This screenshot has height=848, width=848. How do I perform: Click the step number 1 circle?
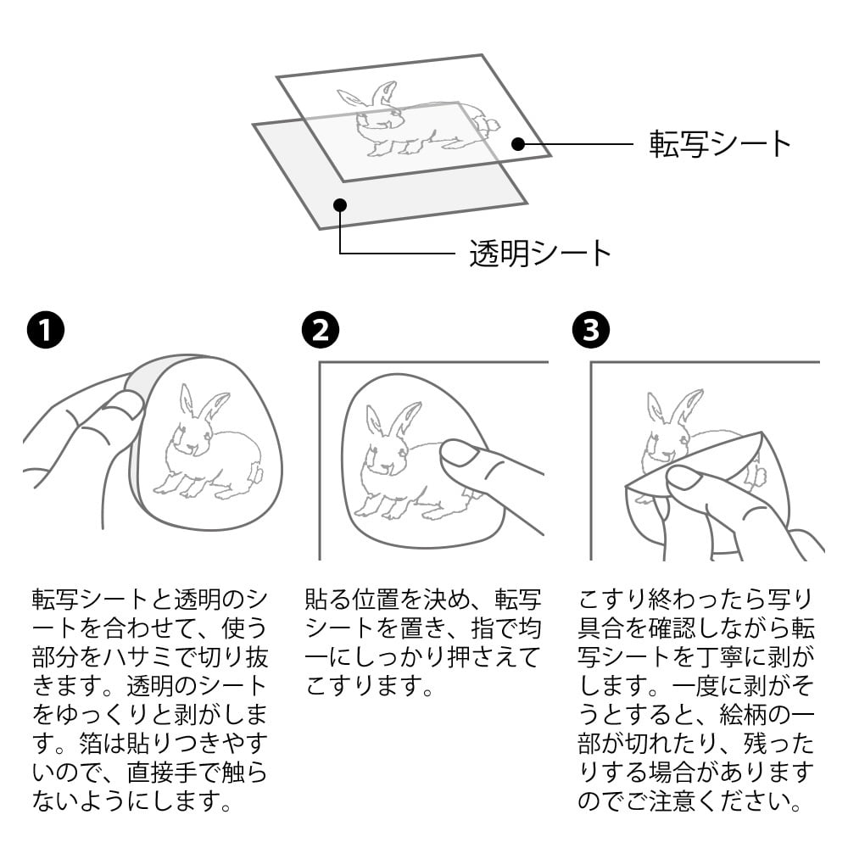(44, 331)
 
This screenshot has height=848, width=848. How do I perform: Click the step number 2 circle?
(321, 331)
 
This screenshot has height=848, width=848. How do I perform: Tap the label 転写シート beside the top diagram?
(720, 144)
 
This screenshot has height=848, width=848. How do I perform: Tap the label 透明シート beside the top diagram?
(541, 253)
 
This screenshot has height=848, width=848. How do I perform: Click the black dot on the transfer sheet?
(518, 144)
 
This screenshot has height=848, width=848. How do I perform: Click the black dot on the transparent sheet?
(339, 204)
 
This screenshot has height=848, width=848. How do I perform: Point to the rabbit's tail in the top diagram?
(489, 126)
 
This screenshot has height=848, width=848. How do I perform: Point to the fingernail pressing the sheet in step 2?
(459, 453)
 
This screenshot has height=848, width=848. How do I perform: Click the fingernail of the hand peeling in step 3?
(683, 479)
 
